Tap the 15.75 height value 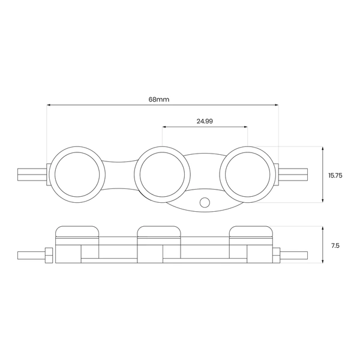(x=335, y=176)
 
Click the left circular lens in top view (x=77, y=175)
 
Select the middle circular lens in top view (x=163, y=175)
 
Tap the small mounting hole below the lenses (x=205, y=202)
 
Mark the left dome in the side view (x=77, y=232)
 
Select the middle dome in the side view (x=159, y=232)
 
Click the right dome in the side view (x=251, y=232)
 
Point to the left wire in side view (x=30, y=255)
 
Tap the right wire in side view (x=295, y=255)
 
